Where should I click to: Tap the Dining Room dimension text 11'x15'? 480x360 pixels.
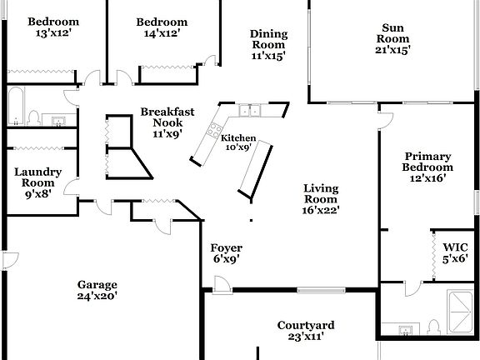pos(268,57)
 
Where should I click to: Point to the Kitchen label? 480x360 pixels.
pos(238,138)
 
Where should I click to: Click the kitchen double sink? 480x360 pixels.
pos(248,110)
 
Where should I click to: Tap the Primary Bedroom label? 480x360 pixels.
pos(428,166)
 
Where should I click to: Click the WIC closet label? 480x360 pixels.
pos(455,252)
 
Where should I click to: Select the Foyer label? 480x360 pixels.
pos(226,252)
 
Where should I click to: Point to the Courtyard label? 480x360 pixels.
pos(306,331)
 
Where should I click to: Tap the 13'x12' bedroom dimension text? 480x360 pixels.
pos(52,33)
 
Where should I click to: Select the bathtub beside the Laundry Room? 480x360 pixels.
pos(17,106)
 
